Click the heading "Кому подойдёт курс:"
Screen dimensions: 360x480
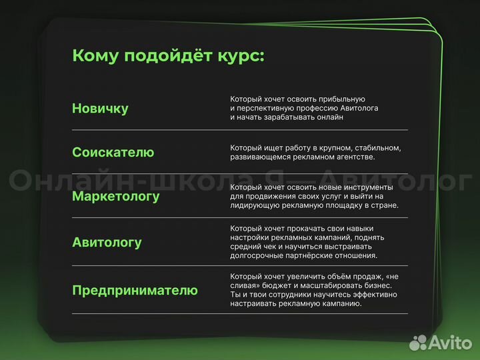point(168,55)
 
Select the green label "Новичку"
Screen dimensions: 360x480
point(100,109)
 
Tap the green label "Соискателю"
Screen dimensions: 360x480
point(113,153)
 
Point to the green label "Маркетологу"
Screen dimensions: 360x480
point(115,197)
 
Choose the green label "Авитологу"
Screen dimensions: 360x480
point(107,243)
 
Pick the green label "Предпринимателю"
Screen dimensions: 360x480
point(135,291)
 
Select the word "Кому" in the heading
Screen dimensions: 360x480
point(93,55)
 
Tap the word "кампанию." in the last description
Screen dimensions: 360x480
point(339,303)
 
